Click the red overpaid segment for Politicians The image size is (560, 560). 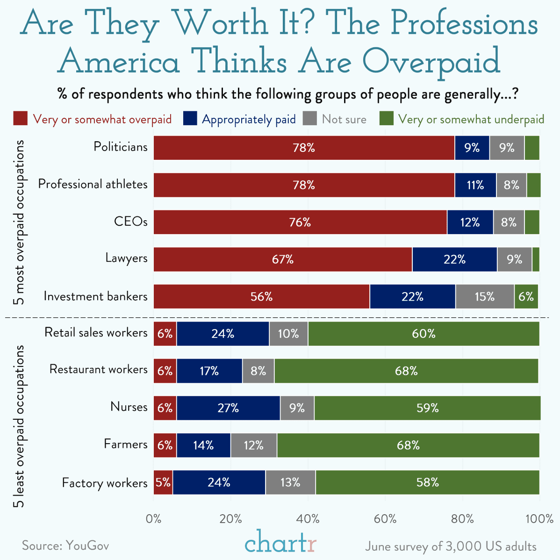[x=304, y=148]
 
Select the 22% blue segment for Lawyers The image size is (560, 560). [x=454, y=259]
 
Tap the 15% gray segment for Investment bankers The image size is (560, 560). [x=485, y=296]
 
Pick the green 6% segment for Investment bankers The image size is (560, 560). [x=526, y=296]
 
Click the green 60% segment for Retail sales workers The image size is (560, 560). [x=424, y=334]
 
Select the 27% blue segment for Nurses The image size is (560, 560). [x=228, y=408]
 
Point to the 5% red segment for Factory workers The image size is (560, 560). [x=163, y=482]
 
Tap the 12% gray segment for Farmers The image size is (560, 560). [x=253, y=445]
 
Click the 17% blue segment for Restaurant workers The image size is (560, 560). [x=209, y=371]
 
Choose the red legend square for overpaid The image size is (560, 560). [x=21, y=119]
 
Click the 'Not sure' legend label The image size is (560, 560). [x=344, y=119]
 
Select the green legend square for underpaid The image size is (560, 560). [x=386, y=119]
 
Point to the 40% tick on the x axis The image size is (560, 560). [x=308, y=519]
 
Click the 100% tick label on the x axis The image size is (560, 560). [x=539, y=519]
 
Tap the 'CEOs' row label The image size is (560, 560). [x=130, y=221]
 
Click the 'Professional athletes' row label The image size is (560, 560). [x=93, y=184]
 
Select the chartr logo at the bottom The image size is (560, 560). [x=280, y=543]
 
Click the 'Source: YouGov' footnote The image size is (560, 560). [x=65, y=546]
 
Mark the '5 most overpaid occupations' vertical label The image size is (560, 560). [x=20, y=223]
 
